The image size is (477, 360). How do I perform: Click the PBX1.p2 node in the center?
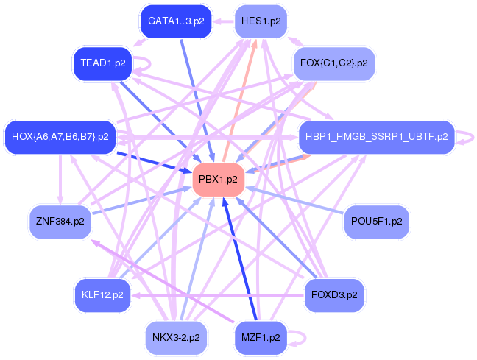pyautogui.click(x=219, y=179)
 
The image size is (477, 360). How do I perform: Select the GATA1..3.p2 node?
pyautogui.click(x=176, y=21)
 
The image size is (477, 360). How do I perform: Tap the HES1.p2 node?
pyautogui.click(x=261, y=21)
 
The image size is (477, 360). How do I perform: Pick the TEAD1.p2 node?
pyautogui.click(x=103, y=63)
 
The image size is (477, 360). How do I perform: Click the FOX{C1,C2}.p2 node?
pyautogui.click(x=334, y=63)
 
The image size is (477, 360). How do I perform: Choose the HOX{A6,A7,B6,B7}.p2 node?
pyautogui.click(x=60, y=137)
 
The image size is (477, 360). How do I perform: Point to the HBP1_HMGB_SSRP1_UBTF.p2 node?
pyautogui.click(x=377, y=137)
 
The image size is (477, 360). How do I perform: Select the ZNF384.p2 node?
pyautogui.click(x=60, y=222)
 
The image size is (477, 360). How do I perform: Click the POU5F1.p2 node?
pyautogui.click(x=377, y=222)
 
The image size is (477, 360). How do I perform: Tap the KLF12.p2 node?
pyautogui.click(x=103, y=295)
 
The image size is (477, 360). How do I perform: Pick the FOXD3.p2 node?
pyautogui.click(x=334, y=295)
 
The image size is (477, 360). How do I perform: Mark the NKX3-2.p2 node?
pyautogui.click(x=176, y=337)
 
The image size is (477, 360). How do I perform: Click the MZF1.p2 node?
pyautogui.click(x=261, y=337)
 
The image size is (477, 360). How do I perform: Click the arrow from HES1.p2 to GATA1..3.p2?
pyautogui.click(x=223, y=21)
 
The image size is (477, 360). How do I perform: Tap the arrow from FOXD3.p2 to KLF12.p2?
pyautogui.click(x=218, y=295)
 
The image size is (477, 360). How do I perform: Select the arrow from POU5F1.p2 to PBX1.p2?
pyautogui.click(x=294, y=200)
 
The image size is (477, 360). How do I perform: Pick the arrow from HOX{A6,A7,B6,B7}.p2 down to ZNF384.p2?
pyautogui.click(x=60, y=180)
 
